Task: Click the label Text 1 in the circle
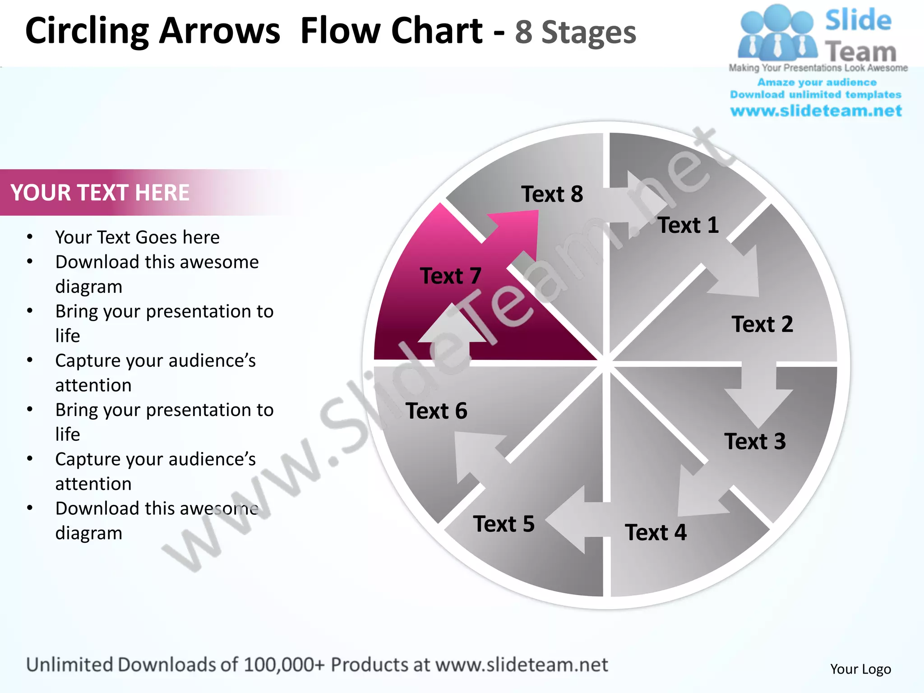click(688, 225)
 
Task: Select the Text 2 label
click(762, 324)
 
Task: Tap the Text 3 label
click(755, 441)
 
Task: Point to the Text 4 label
click(656, 532)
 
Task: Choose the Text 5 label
click(504, 524)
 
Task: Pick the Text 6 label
click(436, 411)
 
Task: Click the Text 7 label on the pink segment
click(450, 276)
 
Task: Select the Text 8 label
click(552, 194)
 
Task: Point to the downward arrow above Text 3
click(759, 397)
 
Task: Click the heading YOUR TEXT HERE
click(100, 193)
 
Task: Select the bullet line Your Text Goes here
click(137, 237)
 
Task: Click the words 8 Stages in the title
click(575, 32)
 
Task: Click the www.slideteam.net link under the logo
click(816, 111)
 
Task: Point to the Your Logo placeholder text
click(860, 669)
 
